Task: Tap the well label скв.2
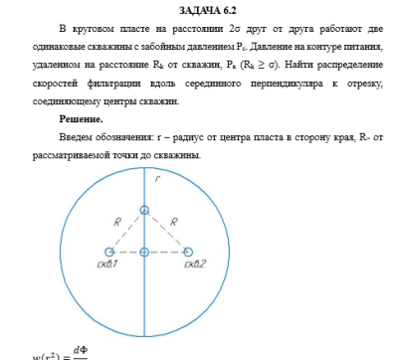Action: [194, 264]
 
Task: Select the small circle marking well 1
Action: [108, 253]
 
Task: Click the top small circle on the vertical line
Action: [145, 210]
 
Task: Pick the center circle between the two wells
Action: [145, 253]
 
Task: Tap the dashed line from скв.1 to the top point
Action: [126, 232]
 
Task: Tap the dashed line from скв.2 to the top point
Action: [166, 232]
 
